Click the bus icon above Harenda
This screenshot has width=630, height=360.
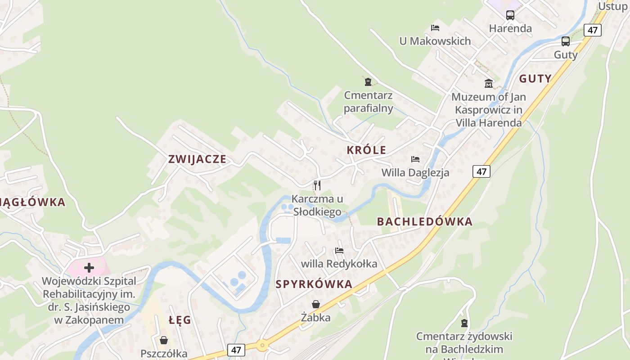[510, 15]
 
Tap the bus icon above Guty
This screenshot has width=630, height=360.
[566, 41]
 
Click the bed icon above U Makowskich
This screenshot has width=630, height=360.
[435, 28]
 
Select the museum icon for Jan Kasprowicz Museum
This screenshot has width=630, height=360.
[489, 83]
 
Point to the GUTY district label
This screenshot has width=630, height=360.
[535, 79]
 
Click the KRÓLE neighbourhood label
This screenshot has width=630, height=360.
[366, 150]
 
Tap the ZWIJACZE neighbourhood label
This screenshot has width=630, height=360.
[197, 159]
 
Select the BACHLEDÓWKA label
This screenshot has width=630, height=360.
[424, 221]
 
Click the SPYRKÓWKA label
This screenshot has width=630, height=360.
[314, 284]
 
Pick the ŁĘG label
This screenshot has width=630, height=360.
[180, 320]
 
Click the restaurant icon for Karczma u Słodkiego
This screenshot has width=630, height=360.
[317, 185]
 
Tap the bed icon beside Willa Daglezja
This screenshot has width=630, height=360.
[415, 159]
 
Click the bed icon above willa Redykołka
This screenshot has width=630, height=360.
[339, 250]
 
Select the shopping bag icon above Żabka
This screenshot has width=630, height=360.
[316, 305]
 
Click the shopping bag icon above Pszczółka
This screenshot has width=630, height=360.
[164, 340]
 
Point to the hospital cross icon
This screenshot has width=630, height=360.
[89, 268]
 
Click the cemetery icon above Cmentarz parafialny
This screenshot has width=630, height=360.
[368, 82]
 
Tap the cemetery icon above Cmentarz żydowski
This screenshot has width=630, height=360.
[464, 323]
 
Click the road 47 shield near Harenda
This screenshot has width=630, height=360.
[593, 30]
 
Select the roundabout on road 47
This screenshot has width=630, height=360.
[262, 346]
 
